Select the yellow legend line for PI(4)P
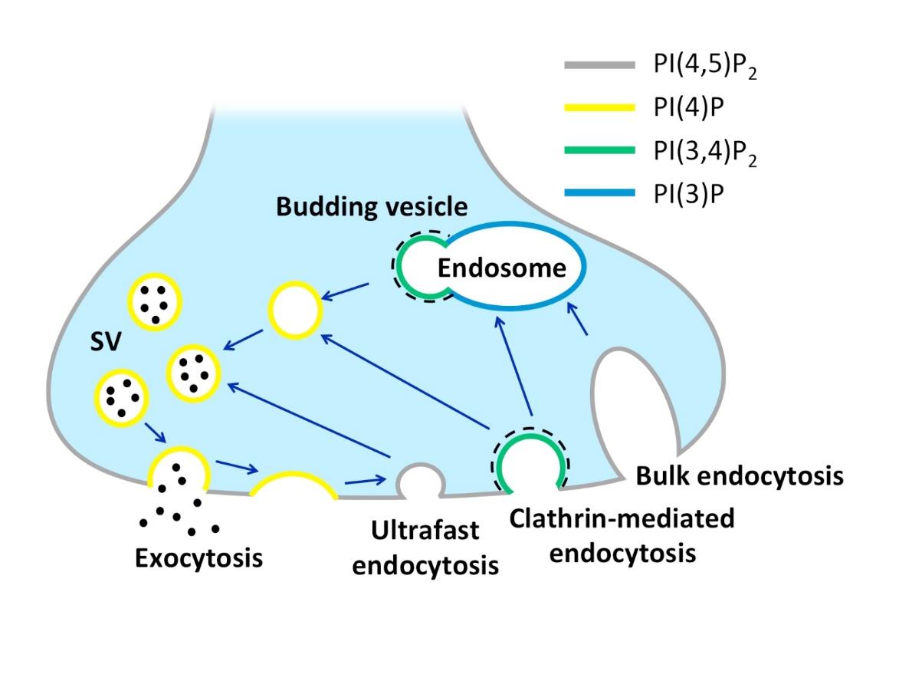[599, 109]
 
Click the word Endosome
[502, 268]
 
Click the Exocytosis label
[199, 557]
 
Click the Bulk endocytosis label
[740, 476]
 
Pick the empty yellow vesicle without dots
[294, 310]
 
